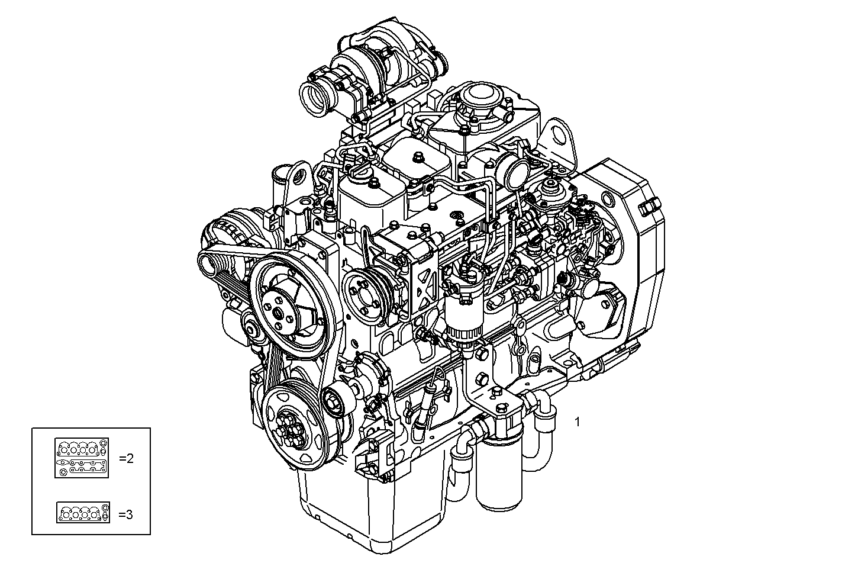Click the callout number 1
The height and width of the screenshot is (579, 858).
tap(577, 422)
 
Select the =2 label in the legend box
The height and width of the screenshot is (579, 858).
tap(126, 458)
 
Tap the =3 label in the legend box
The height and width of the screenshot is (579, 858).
tap(125, 514)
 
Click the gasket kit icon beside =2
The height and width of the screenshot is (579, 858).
tap(82, 458)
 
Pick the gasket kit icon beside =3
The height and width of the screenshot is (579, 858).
tap(83, 513)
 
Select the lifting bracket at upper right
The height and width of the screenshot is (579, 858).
tap(560, 142)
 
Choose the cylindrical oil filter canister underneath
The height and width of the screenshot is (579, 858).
tap(501, 474)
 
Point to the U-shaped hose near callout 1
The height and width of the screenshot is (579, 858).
tap(541, 432)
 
